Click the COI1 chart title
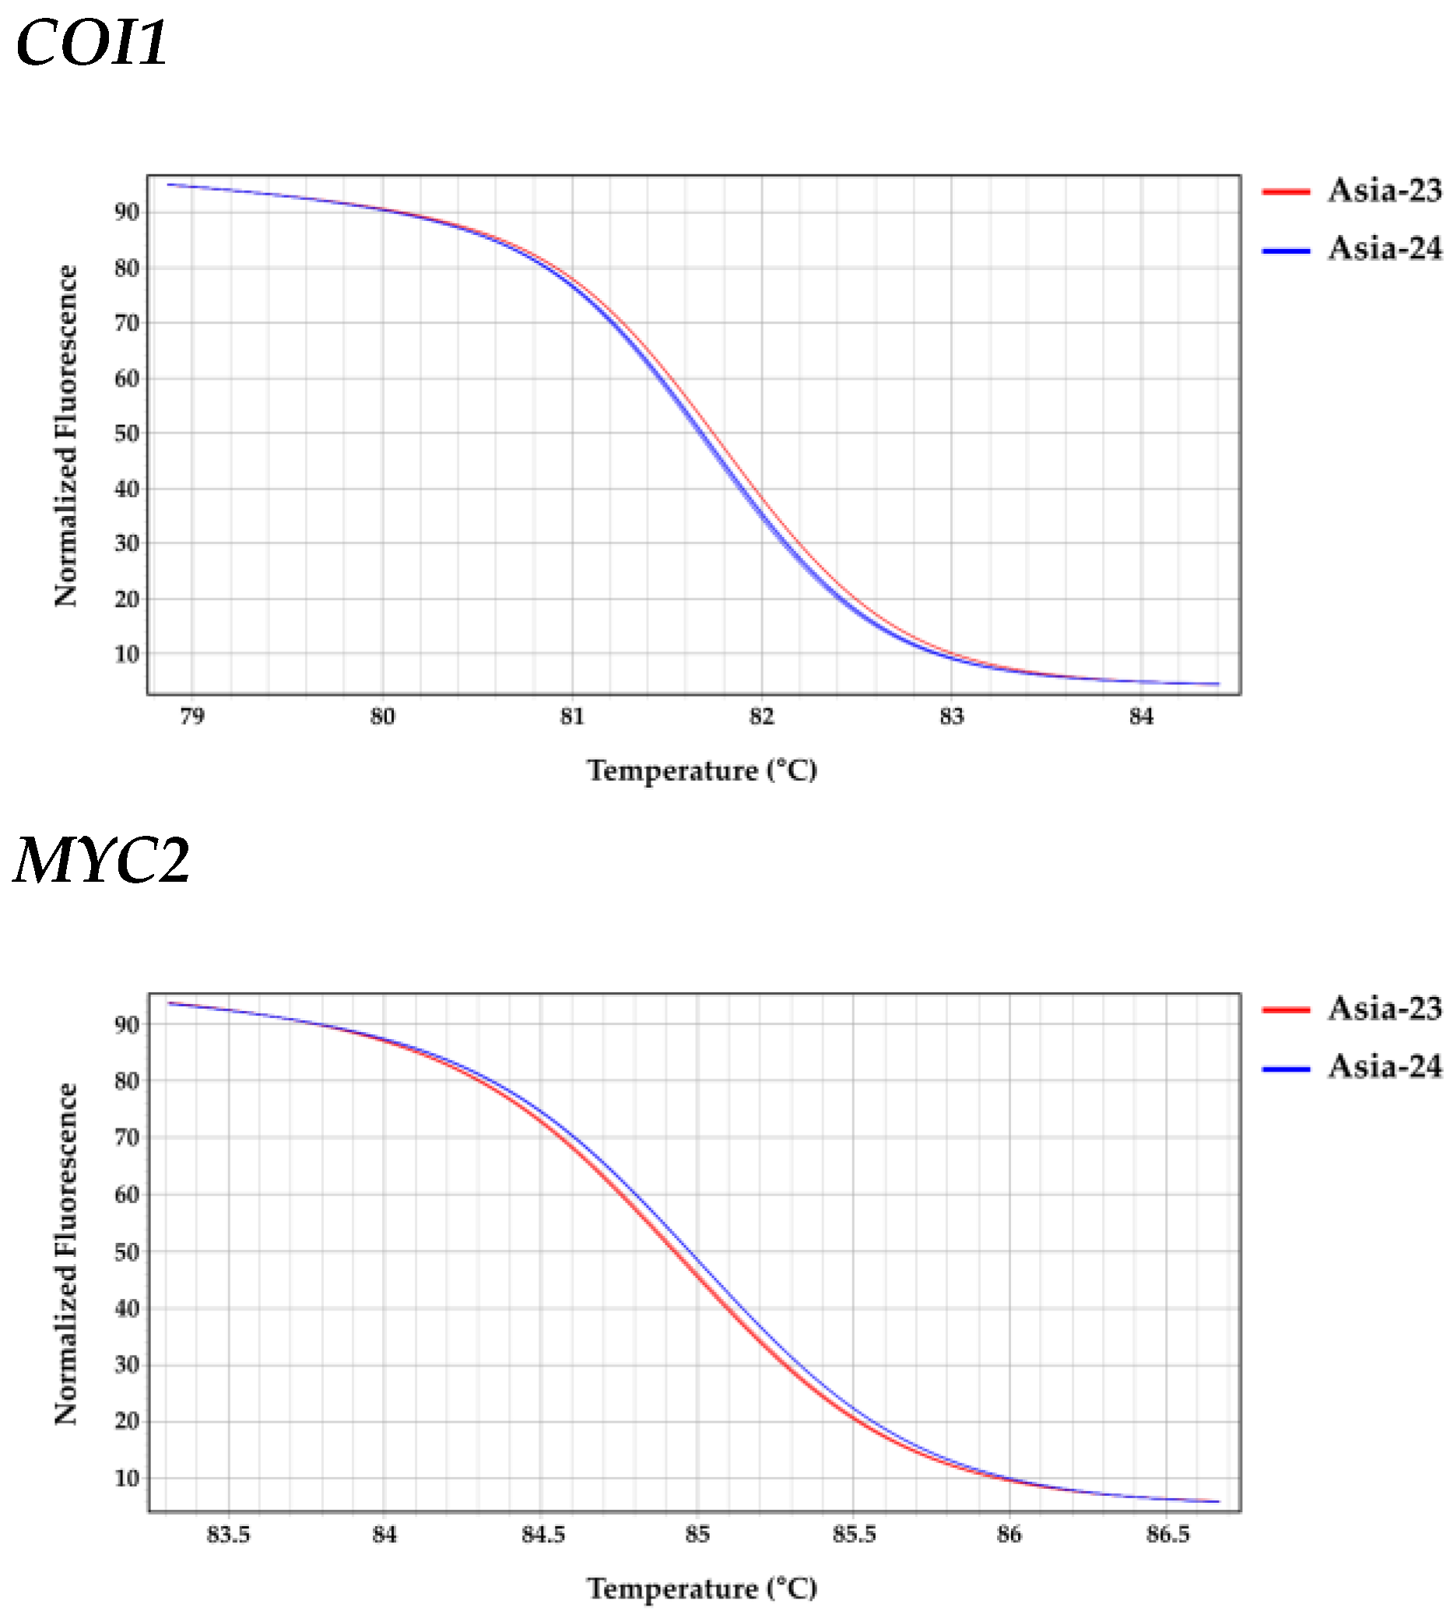(92, 43)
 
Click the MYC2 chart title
(102, 862)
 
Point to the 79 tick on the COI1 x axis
(192, 717)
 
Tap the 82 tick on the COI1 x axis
(762, 717)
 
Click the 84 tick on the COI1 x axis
(1141, 717)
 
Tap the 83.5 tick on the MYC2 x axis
(229, 1535)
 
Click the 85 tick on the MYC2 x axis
(698, 1535)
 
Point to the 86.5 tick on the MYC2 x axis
(1168, 1535)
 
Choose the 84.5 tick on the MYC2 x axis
(542, 1535)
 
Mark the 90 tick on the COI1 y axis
(128, 212)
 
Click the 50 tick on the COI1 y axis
(128, 433)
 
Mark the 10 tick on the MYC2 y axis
(128, 1479)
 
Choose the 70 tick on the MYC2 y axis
(128, 1138)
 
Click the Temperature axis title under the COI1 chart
(702, 771)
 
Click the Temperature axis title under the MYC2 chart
(702, 1588)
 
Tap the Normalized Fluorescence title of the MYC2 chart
(67, 1254)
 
